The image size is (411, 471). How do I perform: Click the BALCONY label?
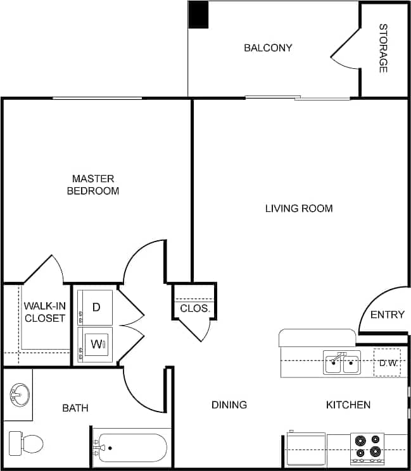(x=268, y=48)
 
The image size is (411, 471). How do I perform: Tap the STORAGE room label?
(x=383, y=48)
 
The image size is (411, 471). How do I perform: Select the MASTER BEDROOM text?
(x=93, y=185)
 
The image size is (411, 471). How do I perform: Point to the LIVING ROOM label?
(x=298, y=208)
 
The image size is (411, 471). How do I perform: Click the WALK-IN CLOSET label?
(x=45, y=312)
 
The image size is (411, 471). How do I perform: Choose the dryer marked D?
(x=96, y=307)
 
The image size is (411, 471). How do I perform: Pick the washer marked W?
(x=96, y=345)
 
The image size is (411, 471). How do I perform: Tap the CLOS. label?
(x=195, y=309)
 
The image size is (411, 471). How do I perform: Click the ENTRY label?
(x=387, y=315)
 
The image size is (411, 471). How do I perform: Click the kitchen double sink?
(x=342, y=364)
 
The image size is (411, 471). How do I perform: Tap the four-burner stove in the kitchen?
(x=368, y=446)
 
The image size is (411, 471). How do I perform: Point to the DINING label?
(x=229, y=405)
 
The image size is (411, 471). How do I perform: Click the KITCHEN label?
(x=348, y=405)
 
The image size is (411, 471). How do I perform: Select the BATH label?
(x=75, y=408)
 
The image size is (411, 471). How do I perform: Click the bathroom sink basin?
(x=19, y=396)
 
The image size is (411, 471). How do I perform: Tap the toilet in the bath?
(x=27, y=443)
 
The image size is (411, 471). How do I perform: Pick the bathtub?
(x=132, y=448)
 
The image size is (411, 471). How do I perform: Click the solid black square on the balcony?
(x=199, y=15)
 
